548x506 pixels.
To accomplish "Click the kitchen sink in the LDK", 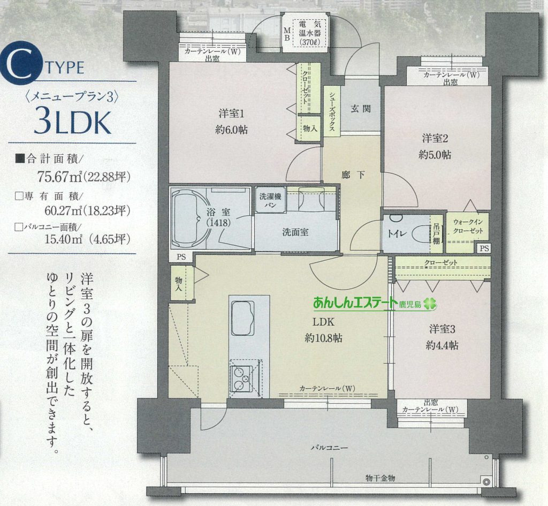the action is [x=242, y=318].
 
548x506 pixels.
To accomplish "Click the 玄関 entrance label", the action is [x=360, y=109].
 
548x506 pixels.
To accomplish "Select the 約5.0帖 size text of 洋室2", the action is [x=435, y=155].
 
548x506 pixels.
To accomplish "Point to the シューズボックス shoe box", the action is [x=332, y=111].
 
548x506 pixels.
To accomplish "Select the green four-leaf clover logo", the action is [x=430, y=304].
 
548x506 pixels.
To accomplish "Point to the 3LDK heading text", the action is [x=72, y=123].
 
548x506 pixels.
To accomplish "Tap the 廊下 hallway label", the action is [x=353, y=175].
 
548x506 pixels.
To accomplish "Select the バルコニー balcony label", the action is [x=330, y=447].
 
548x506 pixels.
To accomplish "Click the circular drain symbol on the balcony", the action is [x=485, y=481].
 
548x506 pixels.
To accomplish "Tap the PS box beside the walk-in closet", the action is [x=484, y=248].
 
